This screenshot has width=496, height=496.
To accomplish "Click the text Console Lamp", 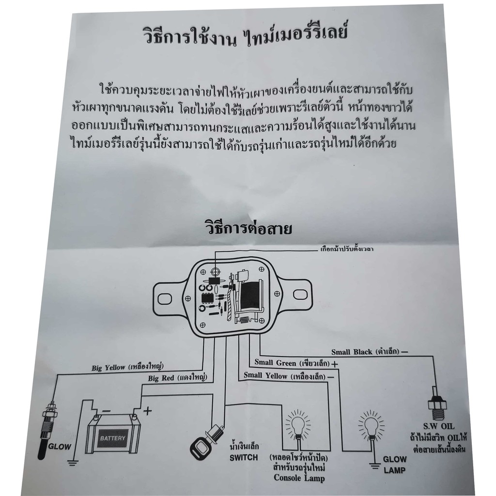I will click(x=296, y=479).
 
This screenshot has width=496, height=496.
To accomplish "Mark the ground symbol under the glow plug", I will click(x=73, y=463).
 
